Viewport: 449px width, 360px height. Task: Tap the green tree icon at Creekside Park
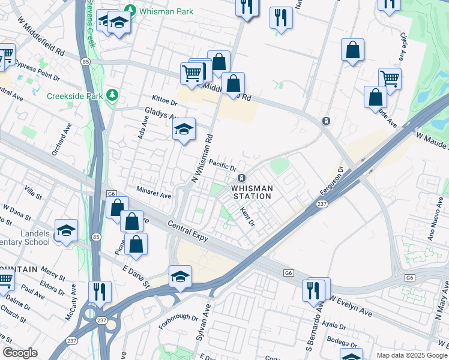tap(112, 95)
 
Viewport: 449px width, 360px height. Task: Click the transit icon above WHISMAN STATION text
tap(241, 178)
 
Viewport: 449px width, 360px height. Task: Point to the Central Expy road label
tap(187, 232)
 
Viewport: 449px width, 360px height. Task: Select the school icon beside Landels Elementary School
tap(66, 230)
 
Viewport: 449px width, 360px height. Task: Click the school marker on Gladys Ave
tap(184, 129)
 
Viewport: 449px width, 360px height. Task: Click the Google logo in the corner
tap(20, 353)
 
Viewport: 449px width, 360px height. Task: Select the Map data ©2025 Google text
tap(411, 355)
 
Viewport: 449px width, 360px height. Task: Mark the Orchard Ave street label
tap(61, 142)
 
